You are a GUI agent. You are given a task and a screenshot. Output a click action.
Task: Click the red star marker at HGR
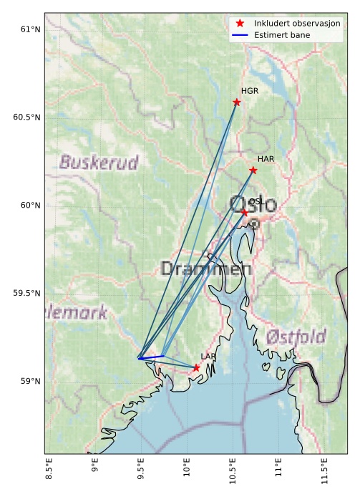(x=237, y=102)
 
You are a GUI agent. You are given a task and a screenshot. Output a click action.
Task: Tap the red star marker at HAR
(x=253, y=170)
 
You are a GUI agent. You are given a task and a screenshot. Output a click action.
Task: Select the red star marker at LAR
(x=196, y=368)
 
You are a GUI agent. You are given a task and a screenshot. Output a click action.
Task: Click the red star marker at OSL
(x=245, y=213)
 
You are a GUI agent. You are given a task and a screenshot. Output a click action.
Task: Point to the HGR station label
(x=250, y=92)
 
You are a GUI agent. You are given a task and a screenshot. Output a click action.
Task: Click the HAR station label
(x=266, y=159)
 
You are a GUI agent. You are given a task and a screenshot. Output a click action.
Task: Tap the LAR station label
(x=208, y=357)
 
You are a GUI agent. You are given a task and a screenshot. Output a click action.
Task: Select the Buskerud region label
(x=99, y=163)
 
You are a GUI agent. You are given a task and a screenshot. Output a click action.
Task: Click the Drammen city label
(x=206, y=269)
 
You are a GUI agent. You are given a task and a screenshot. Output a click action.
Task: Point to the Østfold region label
(x=296, y=337)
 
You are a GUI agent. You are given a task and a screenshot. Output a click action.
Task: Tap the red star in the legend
(x=240, y=24)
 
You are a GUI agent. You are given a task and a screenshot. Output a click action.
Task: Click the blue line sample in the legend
(x=240, y=34)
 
